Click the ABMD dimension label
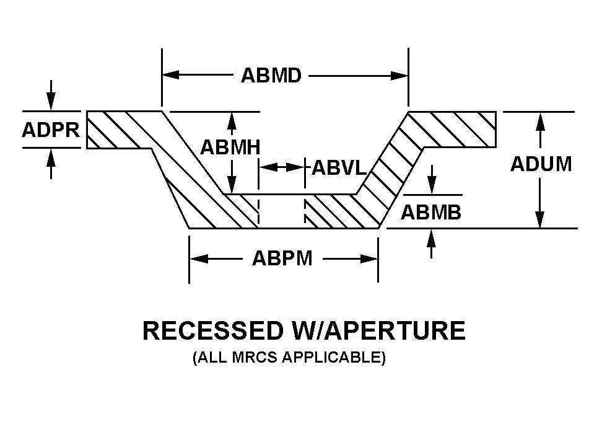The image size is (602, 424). tap(271, 76)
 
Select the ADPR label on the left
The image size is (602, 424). tap(51, 131)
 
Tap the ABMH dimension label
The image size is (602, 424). tap(230, 148)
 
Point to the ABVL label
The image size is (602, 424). tap(339, 167)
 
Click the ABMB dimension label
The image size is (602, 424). tap(431, 213)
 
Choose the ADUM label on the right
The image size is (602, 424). tap(541, 164)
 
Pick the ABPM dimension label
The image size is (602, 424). tap(282, 258)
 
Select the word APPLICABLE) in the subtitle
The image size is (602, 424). tap(337, 358)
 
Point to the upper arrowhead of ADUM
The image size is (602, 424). tap(541, 121)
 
